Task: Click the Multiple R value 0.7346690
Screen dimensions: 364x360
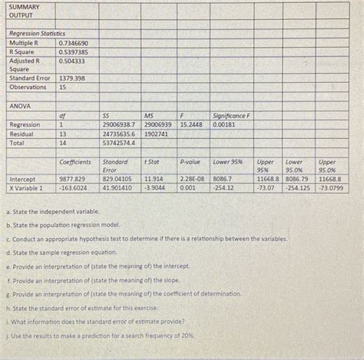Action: tap(74, 43)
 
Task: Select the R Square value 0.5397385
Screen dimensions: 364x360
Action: tap(74, 51)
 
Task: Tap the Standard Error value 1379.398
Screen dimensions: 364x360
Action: tap(72, 78)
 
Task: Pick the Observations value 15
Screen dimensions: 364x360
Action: tap(63, 87)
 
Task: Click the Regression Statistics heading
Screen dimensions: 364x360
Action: tap(37, 34)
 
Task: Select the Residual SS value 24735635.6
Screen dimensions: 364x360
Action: tap(117, 133)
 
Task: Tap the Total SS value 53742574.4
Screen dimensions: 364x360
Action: tap(117, 142)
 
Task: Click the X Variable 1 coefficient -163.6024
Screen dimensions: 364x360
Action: tap(74, 187)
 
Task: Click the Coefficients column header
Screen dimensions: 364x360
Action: tap(74, 162)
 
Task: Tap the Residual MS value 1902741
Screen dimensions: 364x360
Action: tap(156, 133)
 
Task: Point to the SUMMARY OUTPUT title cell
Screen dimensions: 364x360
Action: tap(25, 11)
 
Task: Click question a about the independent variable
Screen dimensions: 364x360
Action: tap(53, 210)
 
